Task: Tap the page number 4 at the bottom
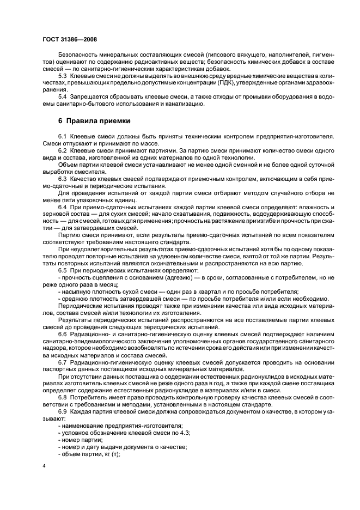click(x=44, y=466)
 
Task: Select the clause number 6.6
click(x=63, y=334)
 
